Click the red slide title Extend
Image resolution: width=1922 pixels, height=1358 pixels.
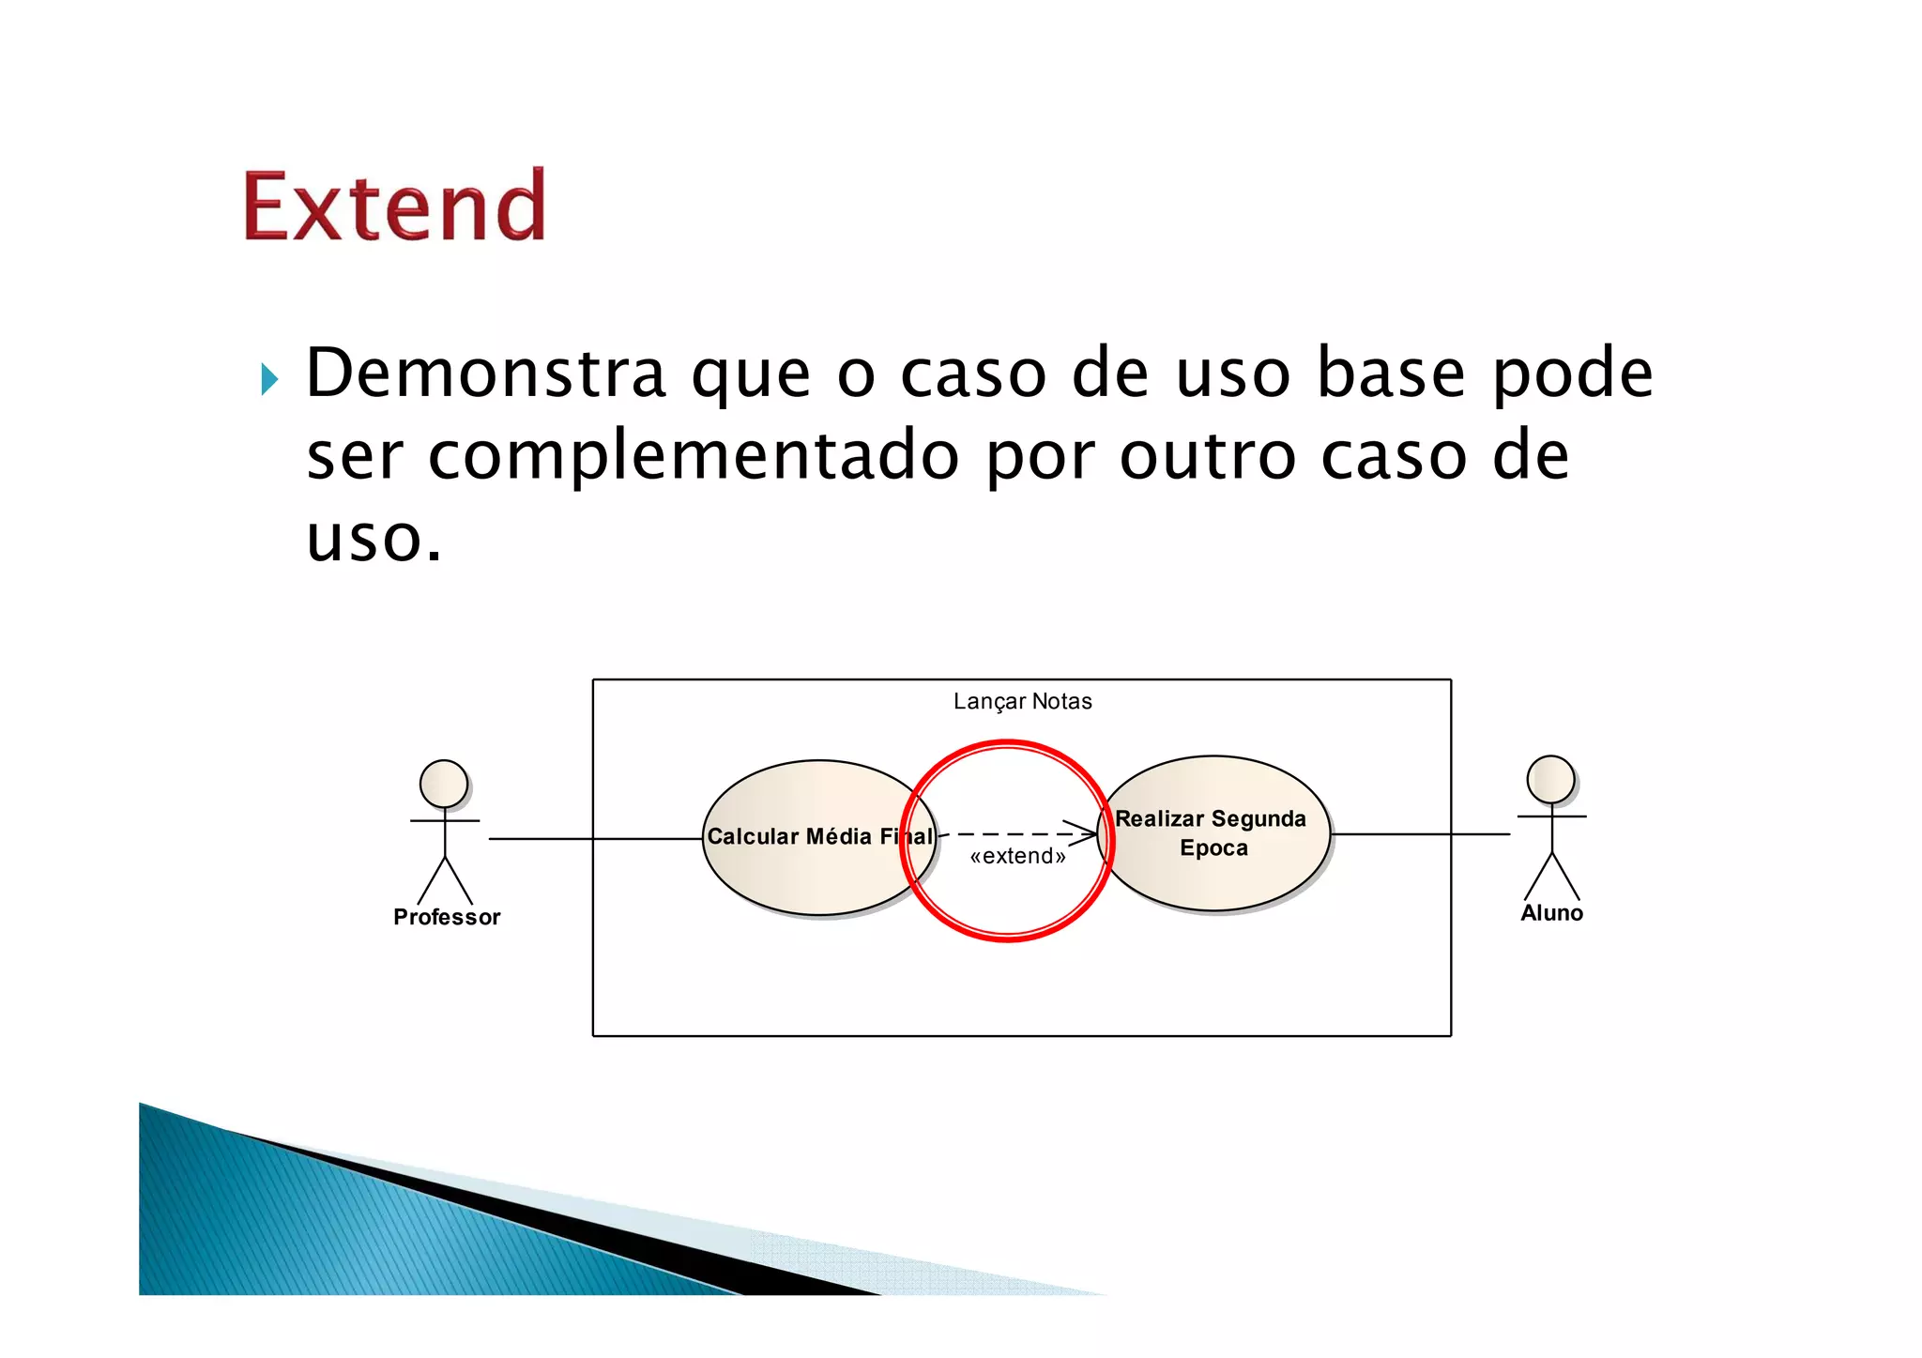pyautogui.click(x=394, y=206)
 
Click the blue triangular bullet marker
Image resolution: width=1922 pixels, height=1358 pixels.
pyautogui.click(x=269, y=379)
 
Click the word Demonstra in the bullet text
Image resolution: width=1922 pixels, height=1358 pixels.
pyautogui.click(x=485, y=374)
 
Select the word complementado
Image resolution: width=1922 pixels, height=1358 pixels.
pyautogui.click(x=694, y=457)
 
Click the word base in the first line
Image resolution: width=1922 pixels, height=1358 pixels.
pyautogui.click(x=1391, y=374)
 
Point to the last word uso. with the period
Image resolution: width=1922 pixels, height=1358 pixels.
pyautogui.click(x=374, y=540)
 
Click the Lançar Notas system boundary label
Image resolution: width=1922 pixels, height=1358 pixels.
pyautogui.click(x=1022, y=702)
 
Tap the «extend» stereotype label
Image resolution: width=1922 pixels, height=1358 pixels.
pyautogui.click(x=1017, y=856)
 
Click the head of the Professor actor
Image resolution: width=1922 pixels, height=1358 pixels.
pyautogui.click(x=444, y=784)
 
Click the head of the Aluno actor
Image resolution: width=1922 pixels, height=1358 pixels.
pyautogui.click(x=1550, y=779)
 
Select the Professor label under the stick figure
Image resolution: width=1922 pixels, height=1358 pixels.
pyautogui.click(x=447, y=918)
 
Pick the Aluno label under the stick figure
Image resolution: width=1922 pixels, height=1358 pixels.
pyautogui.click(x=1551, y=913)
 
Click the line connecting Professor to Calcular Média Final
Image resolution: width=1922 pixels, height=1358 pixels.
pyautogui.click(x=591, y=838)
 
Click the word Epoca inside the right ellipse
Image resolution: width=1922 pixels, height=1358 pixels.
pyautogui.click(x=1213, y=848)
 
